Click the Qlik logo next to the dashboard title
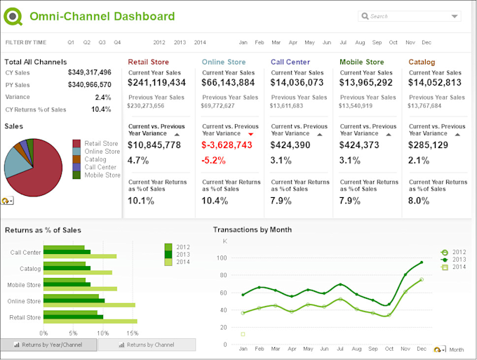click(x=13, y=16)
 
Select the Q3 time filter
click(x=102, y=42)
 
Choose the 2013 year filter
click(x=180, y=42)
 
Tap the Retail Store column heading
click(x=148, y=62)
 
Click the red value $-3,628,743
click(x=227, y=145)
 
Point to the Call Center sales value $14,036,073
click(x=297, y=83)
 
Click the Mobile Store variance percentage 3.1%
click(x=349, y=160)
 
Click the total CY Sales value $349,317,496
click(x=90, y=72)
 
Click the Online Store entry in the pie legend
click(x=102, y=152)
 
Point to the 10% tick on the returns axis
click(x=102, y=333)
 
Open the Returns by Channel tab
click(x=147, y=345)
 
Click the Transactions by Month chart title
click(x=253, y=229)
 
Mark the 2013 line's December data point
click(x=422, y=262)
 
